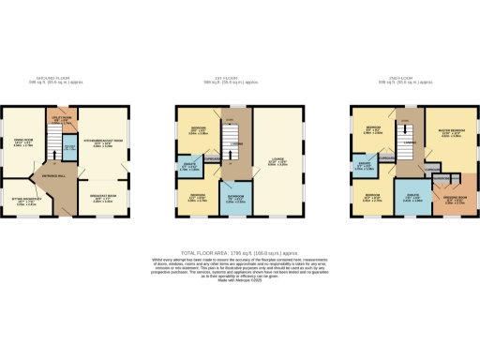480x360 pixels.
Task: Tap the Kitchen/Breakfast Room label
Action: pyautogui.click(x=104, y=143)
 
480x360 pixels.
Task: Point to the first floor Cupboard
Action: pyautogui.click(x=212, y=158)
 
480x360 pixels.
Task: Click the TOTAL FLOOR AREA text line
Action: pyautogui.click(x=240, y=253)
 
